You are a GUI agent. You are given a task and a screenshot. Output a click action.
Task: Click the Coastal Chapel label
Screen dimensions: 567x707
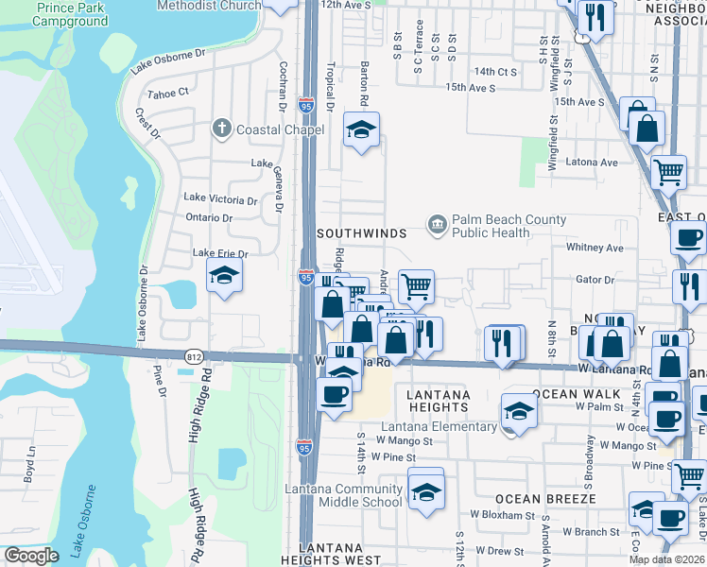(x=271, y=129)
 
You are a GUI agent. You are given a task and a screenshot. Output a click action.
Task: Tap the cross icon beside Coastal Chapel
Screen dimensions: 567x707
(x=222, y=129)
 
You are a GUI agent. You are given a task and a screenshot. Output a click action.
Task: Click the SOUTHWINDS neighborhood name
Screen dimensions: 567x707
(x=361, y=232)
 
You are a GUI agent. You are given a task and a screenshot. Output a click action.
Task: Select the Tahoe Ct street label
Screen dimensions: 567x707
(x=168, y=93)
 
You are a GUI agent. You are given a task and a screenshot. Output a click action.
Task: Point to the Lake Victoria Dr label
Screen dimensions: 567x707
(x=220, y=198)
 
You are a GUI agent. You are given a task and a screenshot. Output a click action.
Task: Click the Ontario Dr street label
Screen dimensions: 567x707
(x=208, y=217)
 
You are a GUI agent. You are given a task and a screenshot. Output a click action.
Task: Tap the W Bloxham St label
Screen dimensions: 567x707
(x=505, y=516)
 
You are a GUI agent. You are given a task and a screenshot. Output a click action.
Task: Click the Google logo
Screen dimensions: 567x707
(x=31, y=556)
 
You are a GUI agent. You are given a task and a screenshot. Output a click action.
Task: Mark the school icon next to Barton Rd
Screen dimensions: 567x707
(x=360, y=131)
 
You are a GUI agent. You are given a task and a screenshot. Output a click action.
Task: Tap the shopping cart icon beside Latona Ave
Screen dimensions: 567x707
(x=668, y=172)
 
